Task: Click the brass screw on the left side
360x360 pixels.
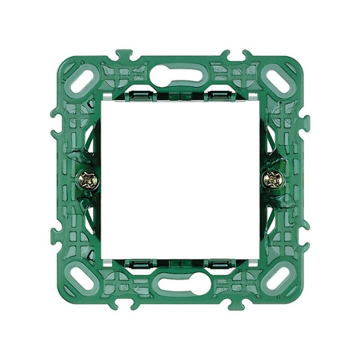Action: point(88,179)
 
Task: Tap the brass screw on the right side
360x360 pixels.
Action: point(272,179)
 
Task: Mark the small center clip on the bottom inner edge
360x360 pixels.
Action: point(179,263)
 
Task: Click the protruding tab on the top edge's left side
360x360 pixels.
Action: point(124,55)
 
